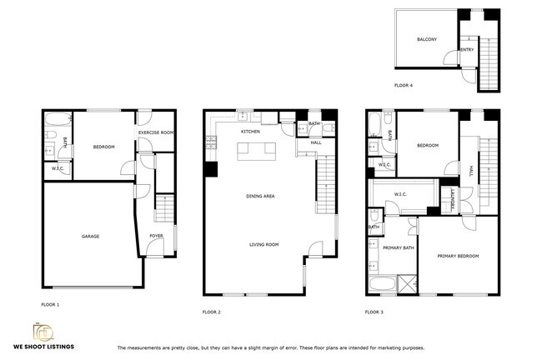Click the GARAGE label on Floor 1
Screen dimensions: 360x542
(x=90, y=236)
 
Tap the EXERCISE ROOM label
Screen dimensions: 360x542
(x=156, y=132)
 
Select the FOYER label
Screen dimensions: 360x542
(x=156, y=236)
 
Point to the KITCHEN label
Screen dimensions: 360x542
(x=250, y=132)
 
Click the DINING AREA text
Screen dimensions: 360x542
(x=260, y=196)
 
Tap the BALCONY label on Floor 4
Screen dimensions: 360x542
(x=427, y=39)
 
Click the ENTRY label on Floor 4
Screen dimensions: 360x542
(x=467, y=50)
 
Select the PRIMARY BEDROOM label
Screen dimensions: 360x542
(x=458, y=256)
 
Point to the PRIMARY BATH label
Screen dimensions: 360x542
(x=399, y=247)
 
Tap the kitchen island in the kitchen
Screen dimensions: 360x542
(x=255, y=152)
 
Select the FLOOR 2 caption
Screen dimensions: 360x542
(x=211, y=312)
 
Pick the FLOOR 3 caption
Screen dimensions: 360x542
(x=374, y=312)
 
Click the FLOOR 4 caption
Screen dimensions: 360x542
(x=404, y=85)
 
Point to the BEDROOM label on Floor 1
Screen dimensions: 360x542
(x=103, y=147)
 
